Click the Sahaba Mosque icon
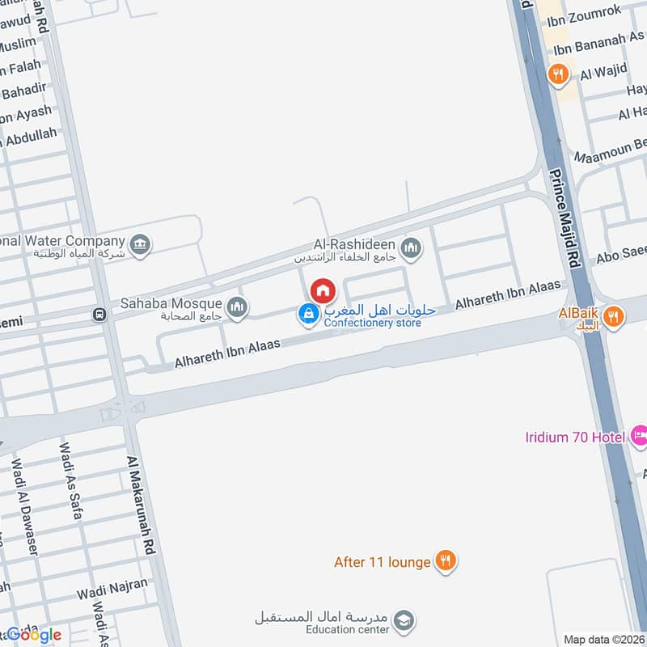coord(237,306)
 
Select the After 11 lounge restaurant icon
coord(444,560)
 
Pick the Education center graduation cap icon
coord(406,621)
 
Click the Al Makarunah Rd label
coord(140,505)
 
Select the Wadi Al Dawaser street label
coord(22,505)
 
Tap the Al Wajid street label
coord(603,74)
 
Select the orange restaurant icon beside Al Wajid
coord(556,74)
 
